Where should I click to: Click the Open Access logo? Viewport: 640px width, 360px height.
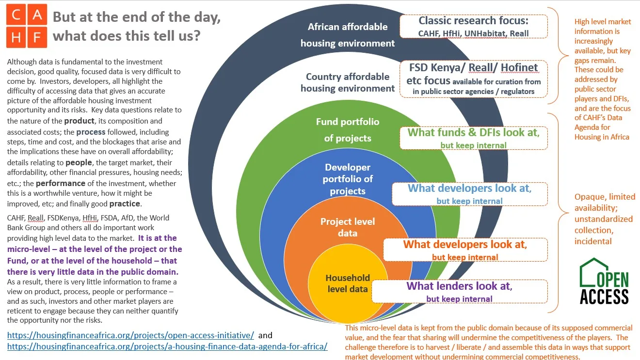[x=604, y=281]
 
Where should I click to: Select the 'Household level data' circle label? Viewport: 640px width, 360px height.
[x=348, y=283]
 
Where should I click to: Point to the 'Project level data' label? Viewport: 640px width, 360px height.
[x=348, y=227]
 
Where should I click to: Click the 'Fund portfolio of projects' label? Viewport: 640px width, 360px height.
[x=348, y=130]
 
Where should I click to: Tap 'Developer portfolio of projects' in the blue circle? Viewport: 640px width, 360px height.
[x=348, y=179]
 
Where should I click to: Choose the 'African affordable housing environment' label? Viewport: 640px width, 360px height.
[x=348, y=35]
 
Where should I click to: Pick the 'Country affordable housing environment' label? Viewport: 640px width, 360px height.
[x=348, y=82]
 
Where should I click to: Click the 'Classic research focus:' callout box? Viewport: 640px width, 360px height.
[x=473, y=26]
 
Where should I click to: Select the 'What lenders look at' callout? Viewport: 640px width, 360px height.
[x=460, y=292]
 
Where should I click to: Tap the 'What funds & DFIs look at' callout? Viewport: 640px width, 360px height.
[x=473, y=138]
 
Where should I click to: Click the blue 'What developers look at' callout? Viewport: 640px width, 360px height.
[x=470, y=194]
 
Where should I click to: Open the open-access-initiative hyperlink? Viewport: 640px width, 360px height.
[x=130, y=335]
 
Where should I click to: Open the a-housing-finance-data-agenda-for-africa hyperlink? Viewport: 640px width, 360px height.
[x=167, y=346]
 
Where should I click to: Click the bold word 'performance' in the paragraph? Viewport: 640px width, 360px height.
[x=61, y=183]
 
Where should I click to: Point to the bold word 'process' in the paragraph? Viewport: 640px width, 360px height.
[x=91, y=132]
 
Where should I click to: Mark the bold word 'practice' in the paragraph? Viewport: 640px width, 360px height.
[x=125, y=204]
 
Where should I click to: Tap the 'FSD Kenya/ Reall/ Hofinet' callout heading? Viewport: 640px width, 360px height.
[x=473, y=68]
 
